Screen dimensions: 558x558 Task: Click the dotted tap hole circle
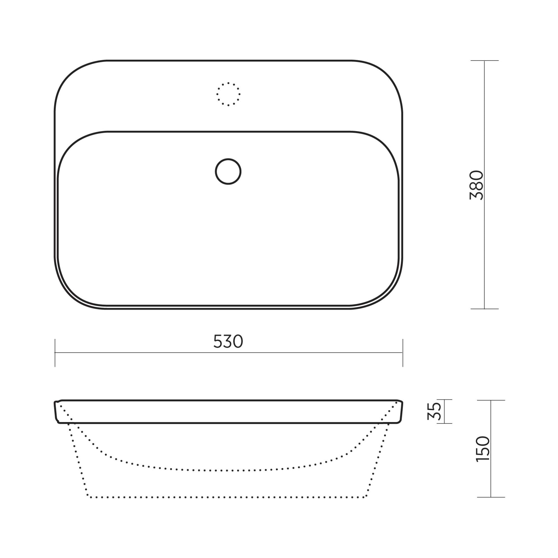click(228, 94)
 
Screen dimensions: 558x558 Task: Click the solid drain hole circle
click(228, 172)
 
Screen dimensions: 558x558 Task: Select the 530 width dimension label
click(228, 341)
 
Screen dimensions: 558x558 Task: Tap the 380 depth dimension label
click(476, 185)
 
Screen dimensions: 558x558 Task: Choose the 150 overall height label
click(483, 449)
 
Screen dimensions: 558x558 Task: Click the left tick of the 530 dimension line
click(55, 353)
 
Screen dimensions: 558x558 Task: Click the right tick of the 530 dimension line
click(403, 353)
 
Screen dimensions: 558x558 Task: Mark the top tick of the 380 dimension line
click(484, 61)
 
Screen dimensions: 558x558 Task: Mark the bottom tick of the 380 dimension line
click(484, 309)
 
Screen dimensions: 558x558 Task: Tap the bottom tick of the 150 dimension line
click(491, 497)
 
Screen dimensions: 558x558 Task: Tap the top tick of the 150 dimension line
click(491, 400)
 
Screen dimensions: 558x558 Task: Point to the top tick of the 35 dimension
click(444, 400)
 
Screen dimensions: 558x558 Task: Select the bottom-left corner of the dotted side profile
click(88, 497)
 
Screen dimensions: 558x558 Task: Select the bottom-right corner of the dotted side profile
click(366, 497)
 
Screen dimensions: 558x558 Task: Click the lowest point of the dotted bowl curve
click(228, 471)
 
